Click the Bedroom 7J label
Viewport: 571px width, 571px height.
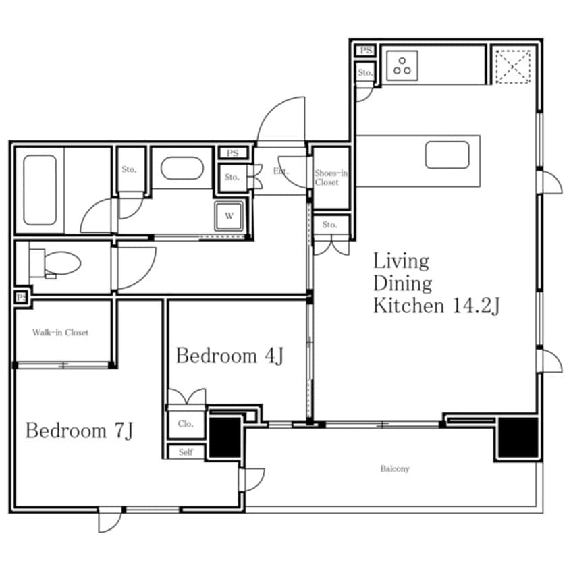click(x=80, y=431)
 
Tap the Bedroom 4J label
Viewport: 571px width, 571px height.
click(x=229, y=356)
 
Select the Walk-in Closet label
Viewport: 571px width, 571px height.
click(x=61, y=333)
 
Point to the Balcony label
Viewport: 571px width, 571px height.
click(x=395, y=468)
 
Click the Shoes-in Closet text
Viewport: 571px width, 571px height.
click(x=331, y=178)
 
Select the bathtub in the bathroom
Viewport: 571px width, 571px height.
click(x=40, y=190)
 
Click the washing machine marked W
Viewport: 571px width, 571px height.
click(x=229, y=216)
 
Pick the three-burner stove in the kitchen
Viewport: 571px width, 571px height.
click(x=402, y=66)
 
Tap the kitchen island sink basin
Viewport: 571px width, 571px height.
click(x=447, y=155)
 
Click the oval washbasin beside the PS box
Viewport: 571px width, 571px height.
click(x=182, y=168)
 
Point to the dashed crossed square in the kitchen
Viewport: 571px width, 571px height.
click(x=513, y=67)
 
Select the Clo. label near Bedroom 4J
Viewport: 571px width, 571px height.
click(x=186, y=423)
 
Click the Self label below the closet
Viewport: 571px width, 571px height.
click(x=186, y=452)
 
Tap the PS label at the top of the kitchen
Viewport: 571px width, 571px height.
click(x=366, y=50)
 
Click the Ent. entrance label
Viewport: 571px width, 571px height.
click(x=281, y=171)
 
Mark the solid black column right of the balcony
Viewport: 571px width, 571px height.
click(x=518, y=437)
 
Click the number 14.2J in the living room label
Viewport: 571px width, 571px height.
click(x=476, y=306)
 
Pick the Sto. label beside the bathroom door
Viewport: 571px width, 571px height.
click(x=129, y=169)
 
